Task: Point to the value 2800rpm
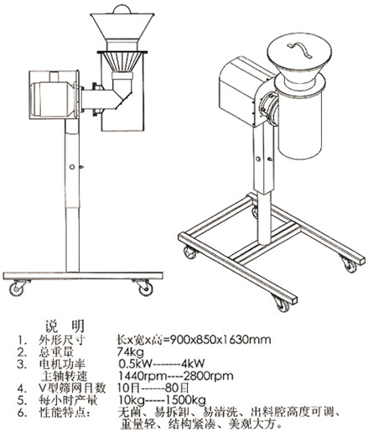[203, 379]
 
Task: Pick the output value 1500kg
[191, 403]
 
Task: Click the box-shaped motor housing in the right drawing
[240, 86]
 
